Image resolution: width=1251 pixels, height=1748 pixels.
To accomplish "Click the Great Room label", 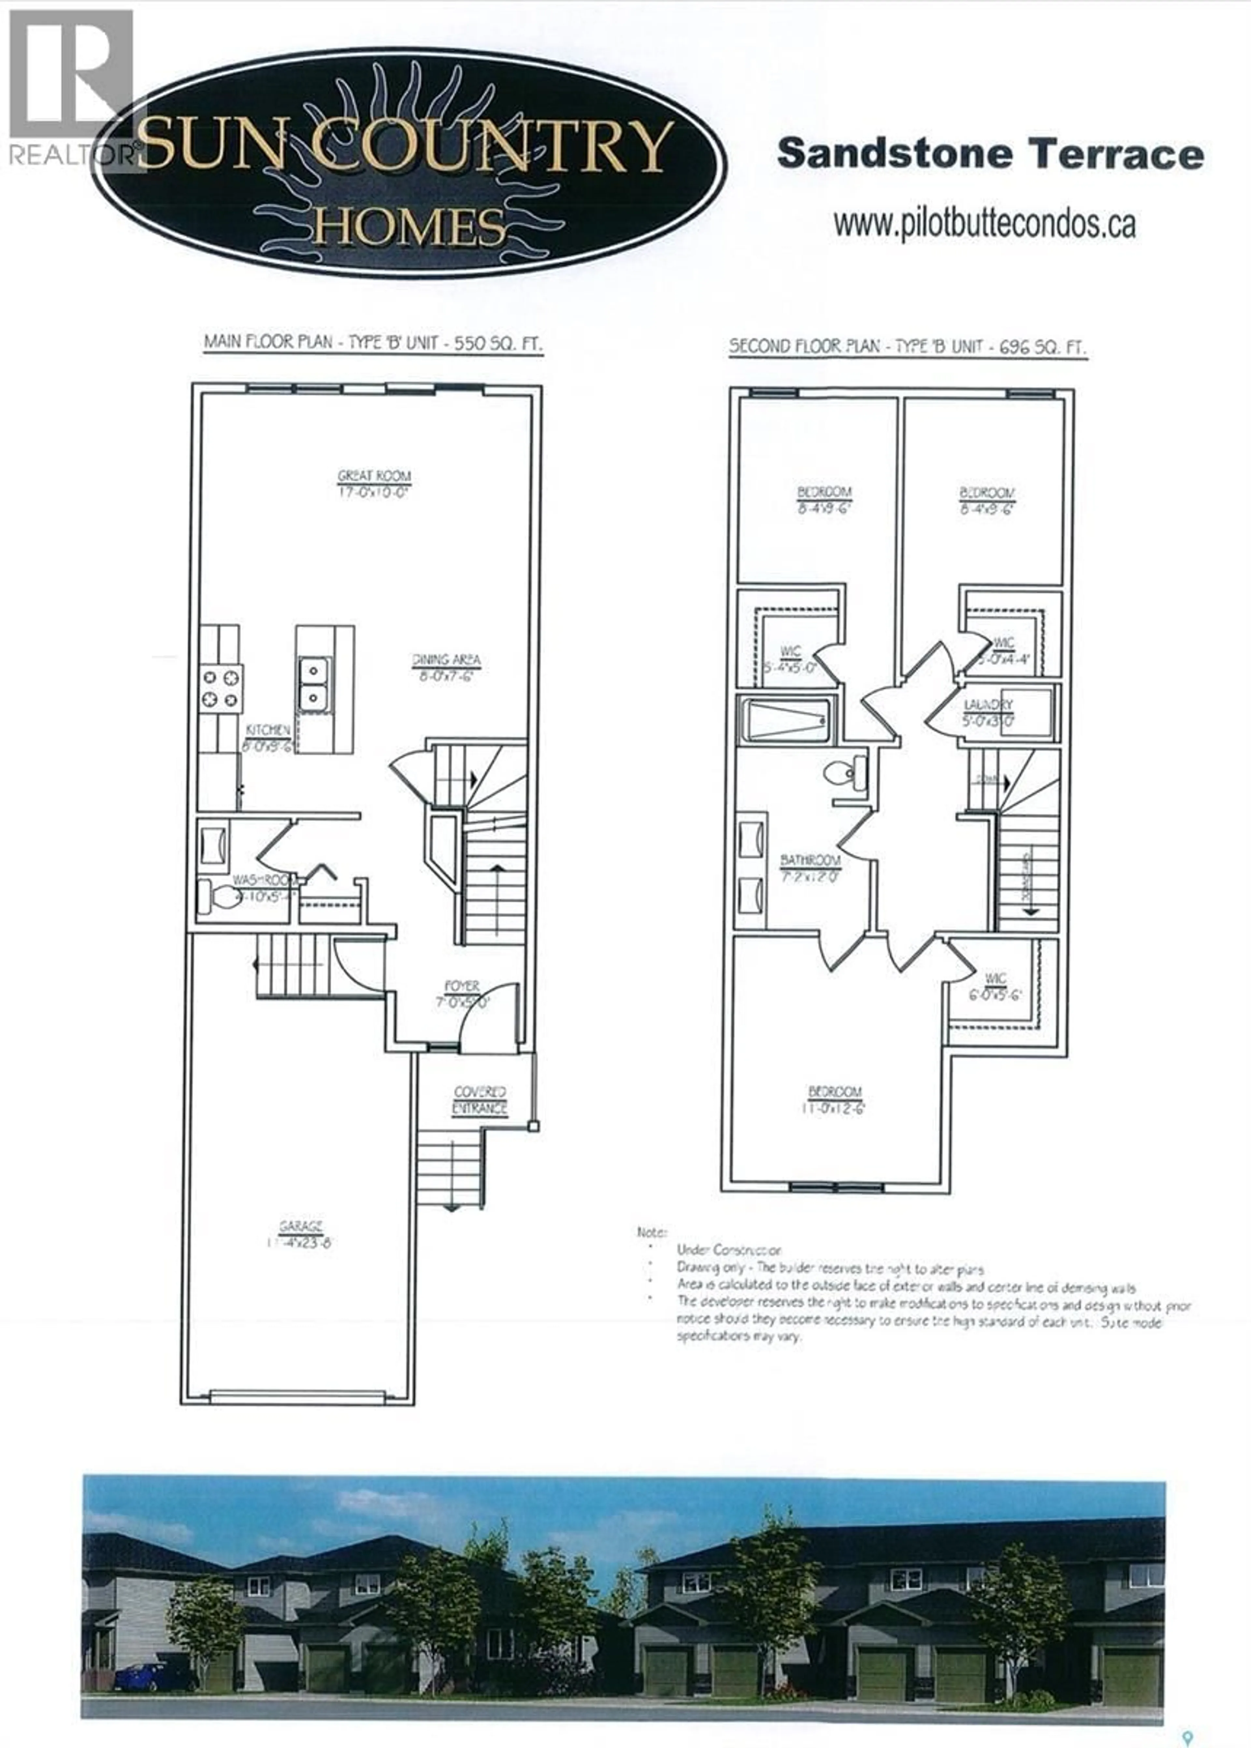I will click(374, 484).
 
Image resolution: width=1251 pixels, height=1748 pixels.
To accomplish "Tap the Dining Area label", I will click(446, 667).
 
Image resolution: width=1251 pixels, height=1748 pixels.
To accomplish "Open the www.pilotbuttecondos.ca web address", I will click(985, 224).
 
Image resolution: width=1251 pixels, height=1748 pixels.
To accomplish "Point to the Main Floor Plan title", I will click(373, 343).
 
